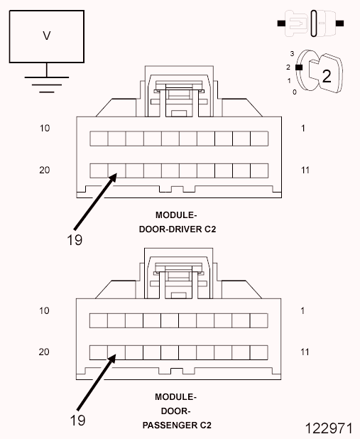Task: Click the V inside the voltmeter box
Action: point(47,35)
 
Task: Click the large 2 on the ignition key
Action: point(326,76)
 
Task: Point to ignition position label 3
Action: point(291,53)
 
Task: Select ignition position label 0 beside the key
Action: point(294,92)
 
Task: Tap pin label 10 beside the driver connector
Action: point(44,129)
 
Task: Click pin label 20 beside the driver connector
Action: point(44,170)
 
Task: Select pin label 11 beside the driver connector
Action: point(305,170)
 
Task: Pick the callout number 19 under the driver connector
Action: point(75,239)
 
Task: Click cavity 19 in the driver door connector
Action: point(116,170)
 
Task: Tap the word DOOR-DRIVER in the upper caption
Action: point(175,229)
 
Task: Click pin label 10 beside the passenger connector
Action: point(44,310)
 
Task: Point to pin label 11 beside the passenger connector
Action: point(305,352)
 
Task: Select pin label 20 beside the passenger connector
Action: point(44,352)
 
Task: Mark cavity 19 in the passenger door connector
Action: point(116,352)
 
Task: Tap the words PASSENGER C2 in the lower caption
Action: point(175,426)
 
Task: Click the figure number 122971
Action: point(329,429)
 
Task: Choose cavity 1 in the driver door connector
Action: point(259,138)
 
